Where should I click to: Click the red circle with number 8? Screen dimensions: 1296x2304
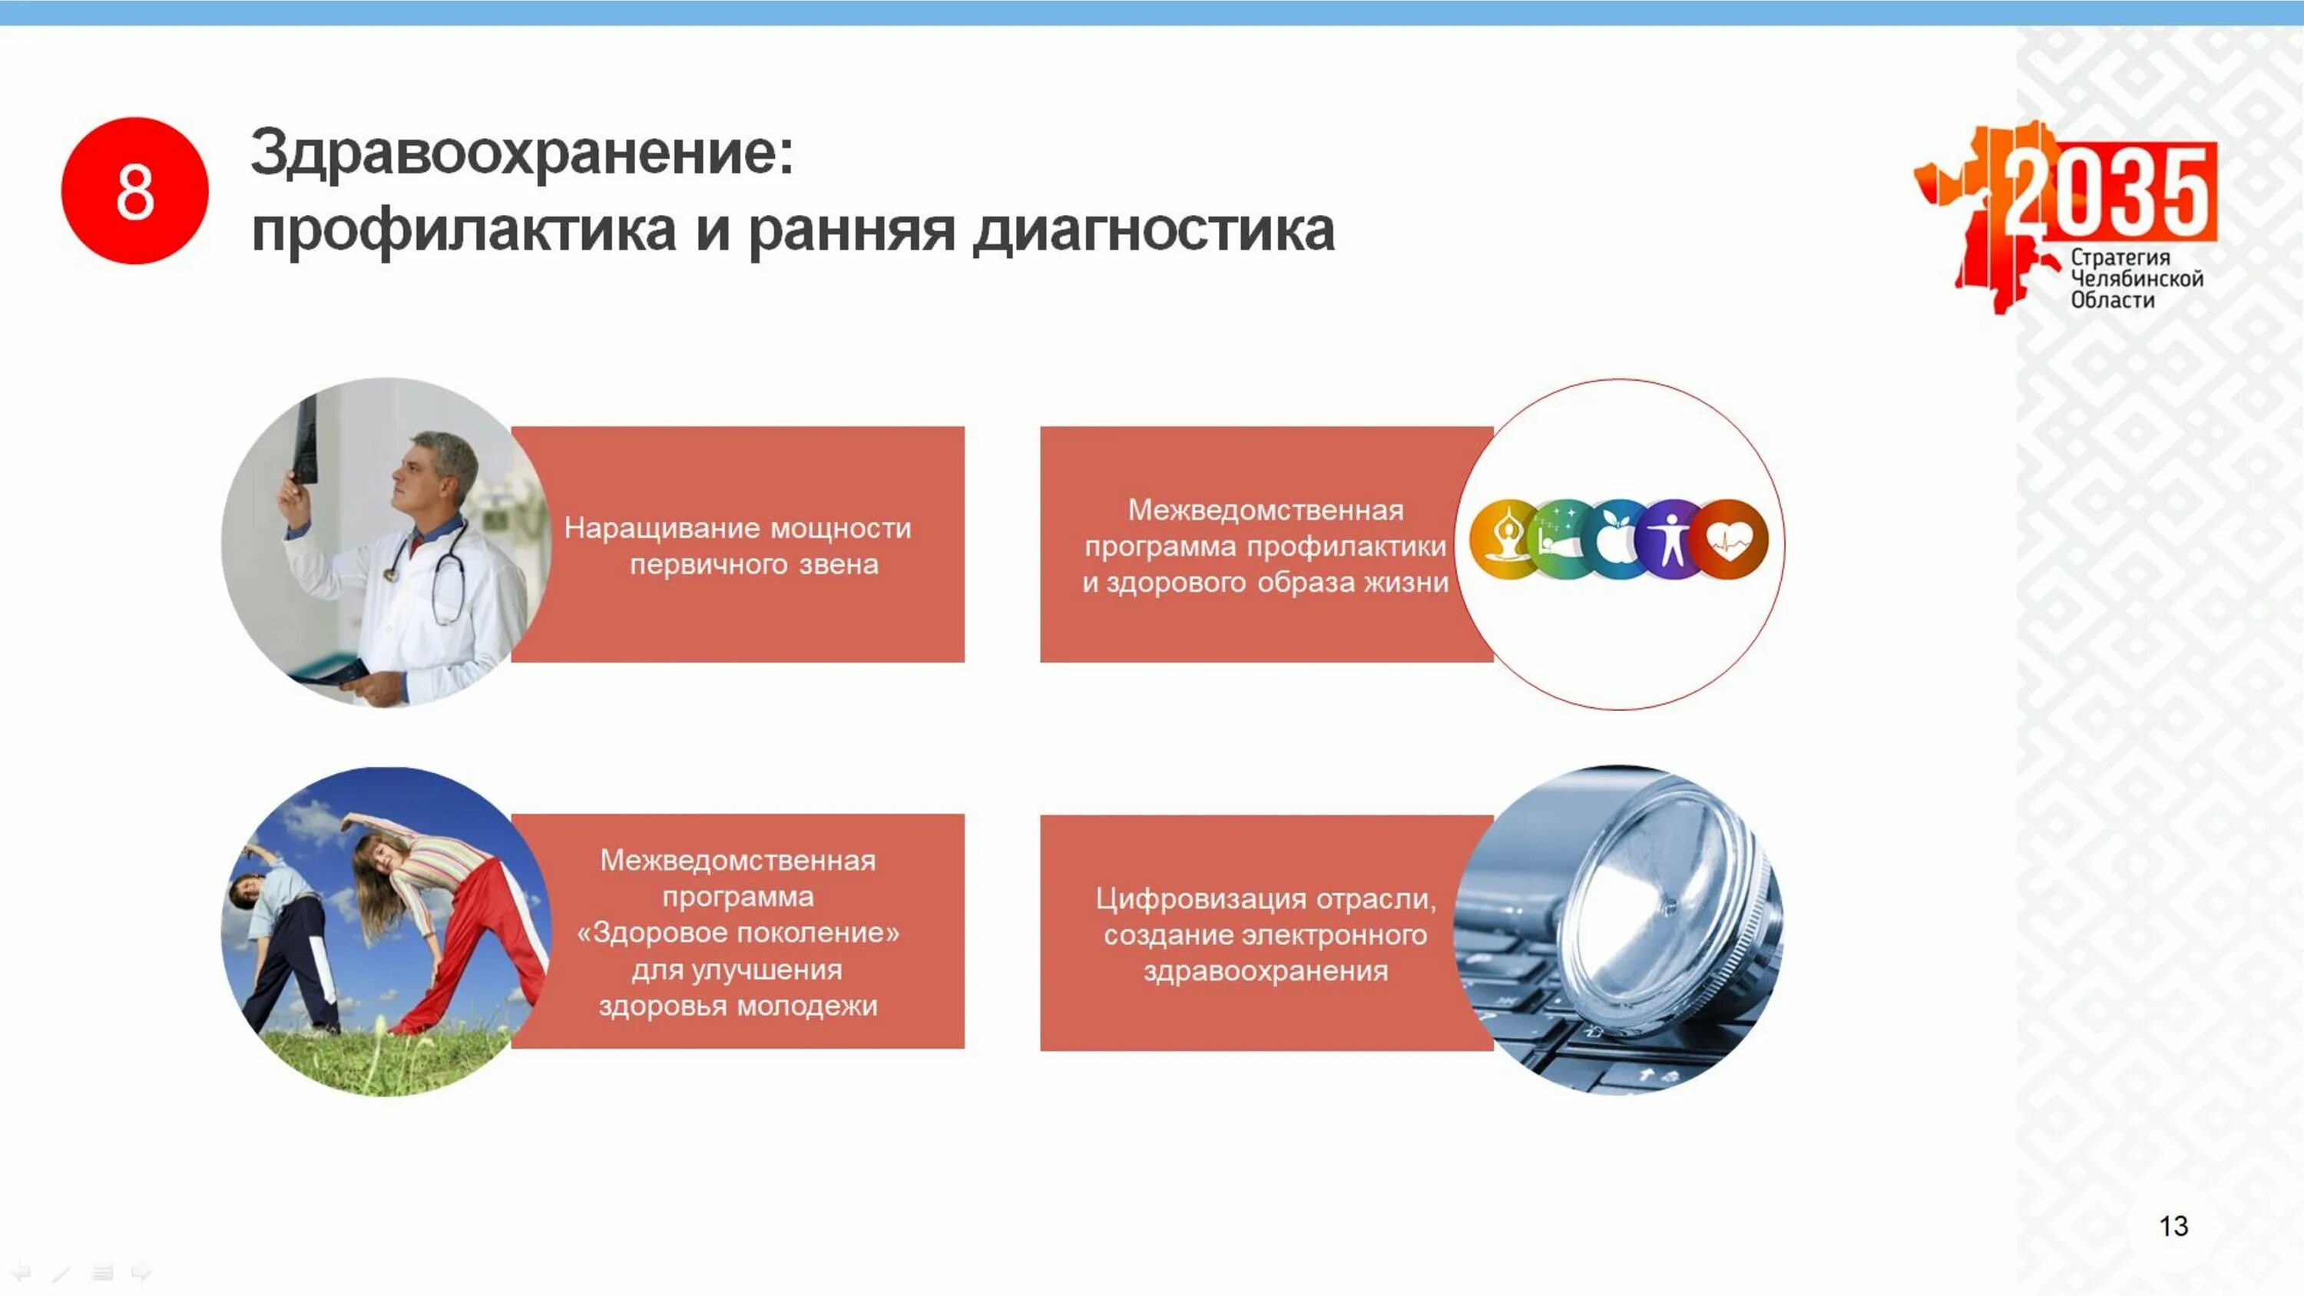(x=134, y=190)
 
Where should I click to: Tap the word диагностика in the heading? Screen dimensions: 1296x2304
(x=1154, y=232)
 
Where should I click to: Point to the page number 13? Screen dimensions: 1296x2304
(x=2173, y=1225)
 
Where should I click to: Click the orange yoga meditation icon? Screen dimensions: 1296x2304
(x=1505, y=538)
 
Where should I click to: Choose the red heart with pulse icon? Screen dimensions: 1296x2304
(x=1729, y=538)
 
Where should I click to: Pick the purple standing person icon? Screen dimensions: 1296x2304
(x=1670, y=538)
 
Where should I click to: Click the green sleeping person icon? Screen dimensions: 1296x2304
(x=1560, y=538)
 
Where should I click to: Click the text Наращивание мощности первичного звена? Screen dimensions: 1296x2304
(x=738, y=546)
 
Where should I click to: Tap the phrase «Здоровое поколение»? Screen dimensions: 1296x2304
(x=738, y=933)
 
